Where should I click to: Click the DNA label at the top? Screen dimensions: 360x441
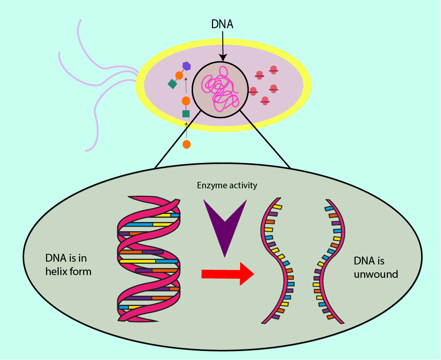click(222, 24)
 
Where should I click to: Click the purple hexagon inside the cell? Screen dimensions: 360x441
click(187, 66)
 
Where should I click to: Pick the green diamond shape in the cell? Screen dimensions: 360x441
click(173, 84)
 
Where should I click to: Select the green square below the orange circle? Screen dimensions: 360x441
click(186, 114)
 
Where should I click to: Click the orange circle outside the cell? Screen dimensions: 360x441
click(187, 144)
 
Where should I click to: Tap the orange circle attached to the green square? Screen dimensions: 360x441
click(186, 101)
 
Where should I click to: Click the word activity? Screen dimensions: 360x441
click(242, 186)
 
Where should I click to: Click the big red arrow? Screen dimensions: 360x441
click(228, 274)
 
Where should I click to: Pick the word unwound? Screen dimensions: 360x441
click(376, 274)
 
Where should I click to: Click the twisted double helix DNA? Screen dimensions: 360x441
click(148, 258)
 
